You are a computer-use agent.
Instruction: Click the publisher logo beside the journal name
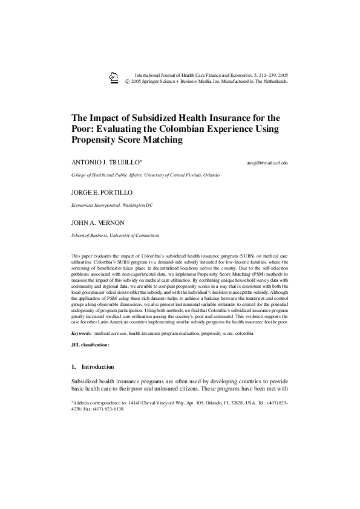113,76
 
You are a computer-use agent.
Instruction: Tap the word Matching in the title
162,140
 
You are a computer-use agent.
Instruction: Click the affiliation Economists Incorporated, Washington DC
112,205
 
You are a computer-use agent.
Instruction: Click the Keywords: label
81,333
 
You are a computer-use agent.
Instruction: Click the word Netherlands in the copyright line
273,80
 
